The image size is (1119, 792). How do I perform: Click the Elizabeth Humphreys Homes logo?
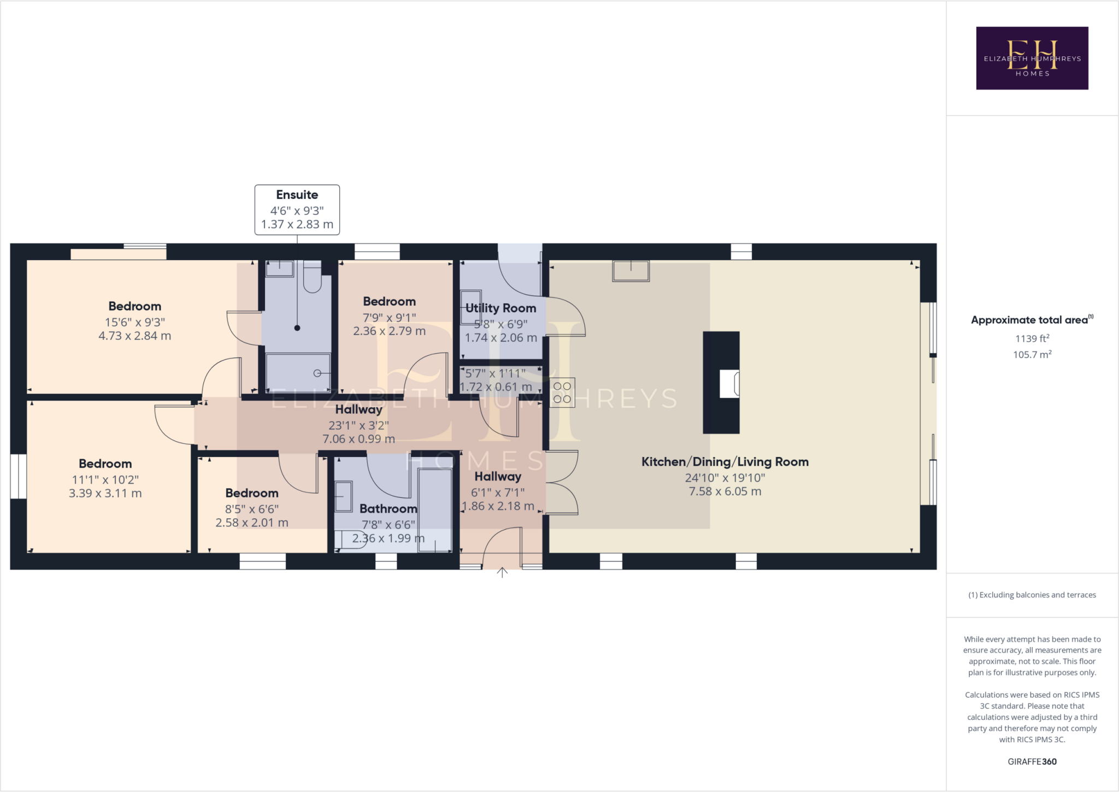click(x=1032, y=58)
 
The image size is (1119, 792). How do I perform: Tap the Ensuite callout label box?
click(x=297, y=210)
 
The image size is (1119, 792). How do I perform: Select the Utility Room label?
click(x=500, y=308)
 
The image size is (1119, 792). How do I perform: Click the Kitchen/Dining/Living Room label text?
click(x=725, y=462)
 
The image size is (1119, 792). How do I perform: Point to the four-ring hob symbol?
click(x=562, y=392)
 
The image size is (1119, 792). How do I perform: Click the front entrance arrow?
click(x=502, y=572)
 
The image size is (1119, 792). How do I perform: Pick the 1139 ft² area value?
click(x=1032, y=338)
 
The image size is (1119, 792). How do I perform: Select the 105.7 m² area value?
click(x=1032, y=355)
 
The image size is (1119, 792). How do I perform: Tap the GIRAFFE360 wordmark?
click(x=1032, y=761)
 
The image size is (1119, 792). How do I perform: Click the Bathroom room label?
click(x=388, y=509)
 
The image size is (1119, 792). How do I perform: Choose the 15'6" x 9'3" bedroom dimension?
click(x=135, y=322)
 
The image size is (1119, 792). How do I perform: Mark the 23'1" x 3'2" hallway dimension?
click(x=358, y=425)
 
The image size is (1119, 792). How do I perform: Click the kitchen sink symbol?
click(x=631, y=271)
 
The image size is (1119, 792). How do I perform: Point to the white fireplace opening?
click(x=729, y=383)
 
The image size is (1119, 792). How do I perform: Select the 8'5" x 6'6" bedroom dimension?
click(x=252, y=509)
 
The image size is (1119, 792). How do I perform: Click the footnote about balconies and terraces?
click(x=1032, y=595)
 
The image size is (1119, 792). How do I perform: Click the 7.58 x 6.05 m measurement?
click(x=725, y=491)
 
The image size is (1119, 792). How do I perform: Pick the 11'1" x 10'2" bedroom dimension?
click(x=105, y=480)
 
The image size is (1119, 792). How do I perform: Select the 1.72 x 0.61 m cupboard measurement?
click(x=496, y=387)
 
